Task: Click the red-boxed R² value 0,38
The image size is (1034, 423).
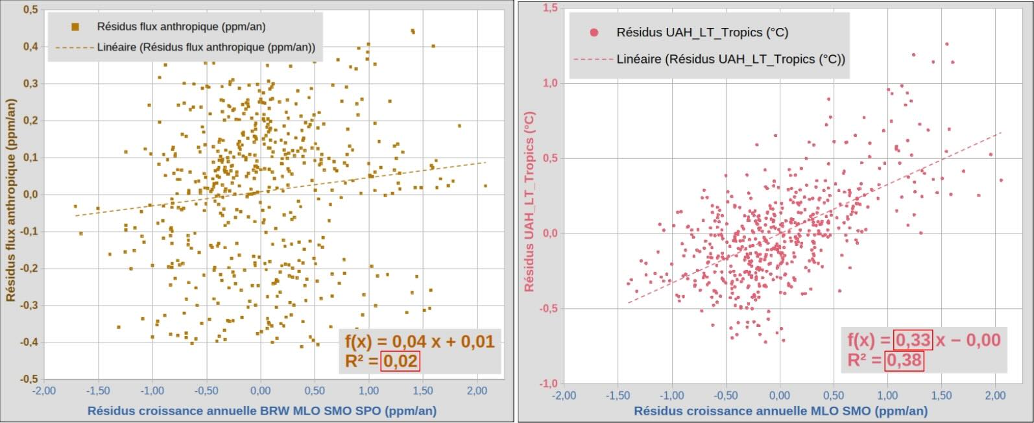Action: pyautogui.click(x=904, y=360)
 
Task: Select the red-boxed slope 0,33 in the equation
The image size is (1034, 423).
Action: pyautogui.click(x=913, y=339)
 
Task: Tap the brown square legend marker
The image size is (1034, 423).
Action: pyautogui.click(x=75, y=27)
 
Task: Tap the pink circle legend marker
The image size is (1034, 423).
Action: pyautogui.click(x=592, y=32)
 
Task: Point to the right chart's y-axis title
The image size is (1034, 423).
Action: pyautogui.click(x=529, y=202)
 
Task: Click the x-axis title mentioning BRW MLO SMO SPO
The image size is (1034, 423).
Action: pyautogui.click(x=261, y=411)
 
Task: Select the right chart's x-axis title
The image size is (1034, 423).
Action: pyautogui.click(x=780, y=411)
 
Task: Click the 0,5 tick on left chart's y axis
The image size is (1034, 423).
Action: pyautogui.click(x=30, y=10)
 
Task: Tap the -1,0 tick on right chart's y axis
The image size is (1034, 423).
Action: pyautogui.click(x=547, y=383)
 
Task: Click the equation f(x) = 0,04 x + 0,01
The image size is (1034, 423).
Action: pyautogui.click(x=419, y=341)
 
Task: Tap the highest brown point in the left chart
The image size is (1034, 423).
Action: pyautogui.click(x=413, y=30)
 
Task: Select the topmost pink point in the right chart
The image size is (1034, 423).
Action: pyautogui.click(x=946, y=44)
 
